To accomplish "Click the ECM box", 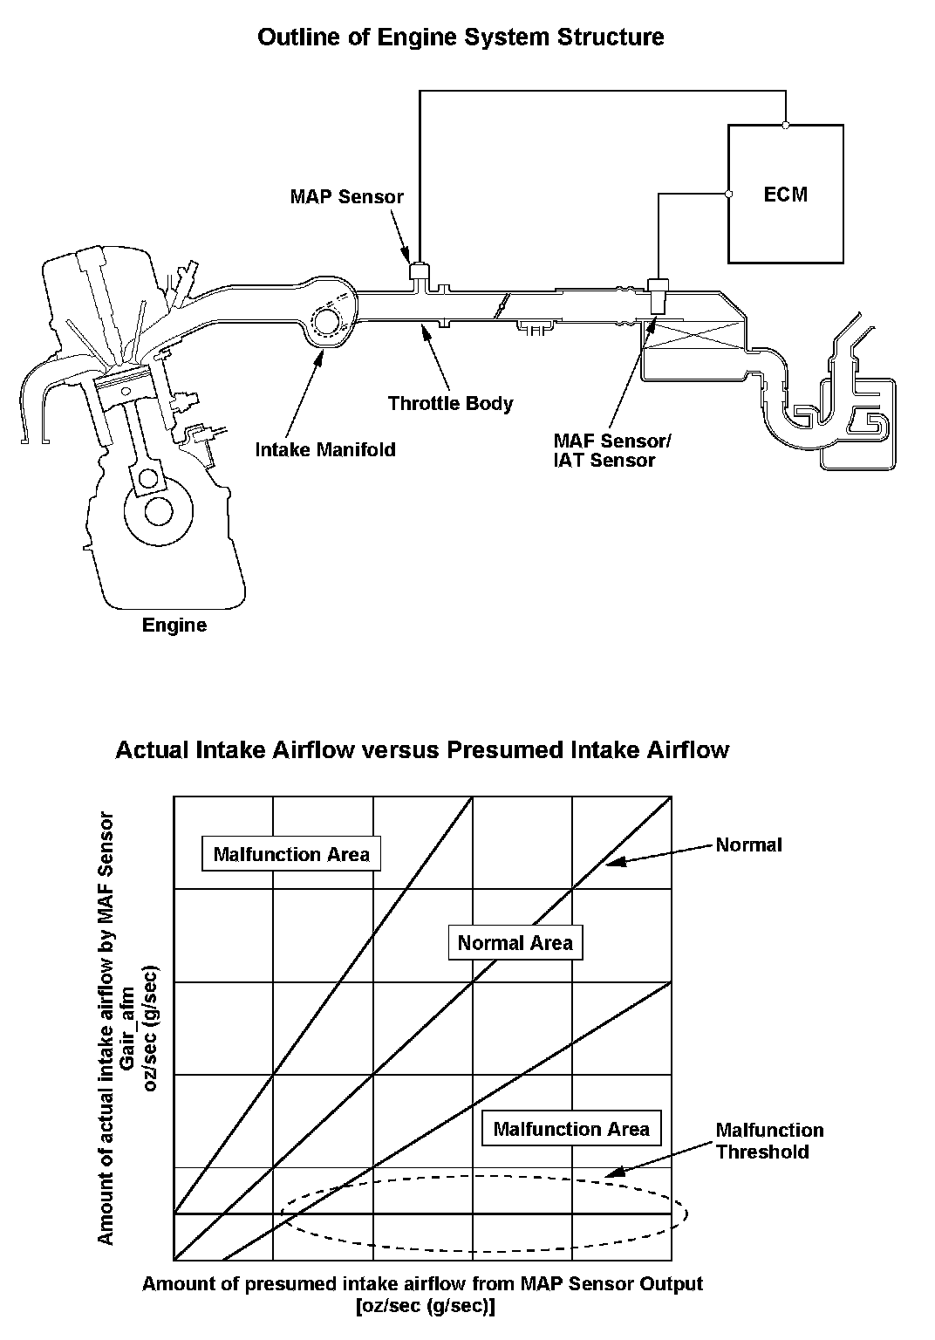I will click(x=785, y=194).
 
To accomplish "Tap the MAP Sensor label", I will click(x=346, y=196).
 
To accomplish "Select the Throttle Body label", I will click(x=450, y=403).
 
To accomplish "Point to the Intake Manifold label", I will click(x=324, y=449).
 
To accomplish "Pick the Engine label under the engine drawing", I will click(x=174, y=625).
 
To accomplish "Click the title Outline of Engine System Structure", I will click(x=461, y=38).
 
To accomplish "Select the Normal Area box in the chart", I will click(x=515, y=942).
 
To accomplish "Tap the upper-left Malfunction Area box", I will click(x=291, y=854).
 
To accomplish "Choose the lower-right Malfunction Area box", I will click(x=571, y=1129).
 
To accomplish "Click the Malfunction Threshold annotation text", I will click(x=768, y=1141).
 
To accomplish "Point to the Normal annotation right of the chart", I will click(x=748, y=844).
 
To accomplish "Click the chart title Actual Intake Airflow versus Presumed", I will click(x=422, y=750).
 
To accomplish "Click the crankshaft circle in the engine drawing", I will click(x=158, y=510).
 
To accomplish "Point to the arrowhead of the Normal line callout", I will click(x=611, y=863).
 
